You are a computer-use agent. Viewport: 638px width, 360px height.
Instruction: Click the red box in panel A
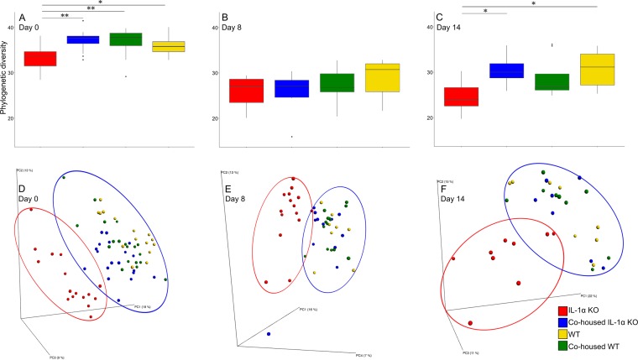point(40,59)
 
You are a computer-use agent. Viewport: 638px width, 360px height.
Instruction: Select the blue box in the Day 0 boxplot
point(83,39)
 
